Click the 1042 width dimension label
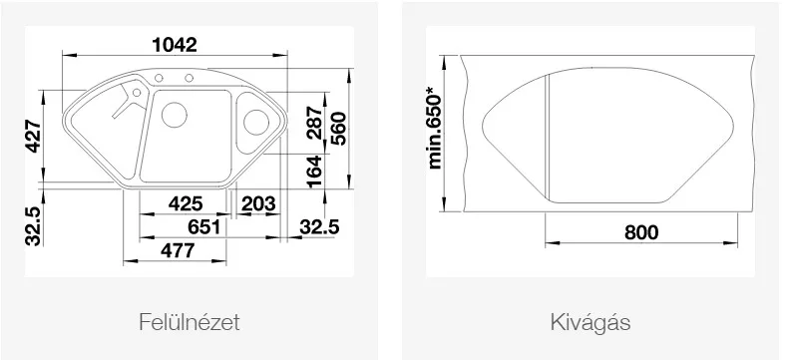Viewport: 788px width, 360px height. coord(175,45)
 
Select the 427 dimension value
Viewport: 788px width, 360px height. coord(34,136)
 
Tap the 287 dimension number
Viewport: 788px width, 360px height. coord(314,122)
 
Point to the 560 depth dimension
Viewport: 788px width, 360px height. coord(338,129)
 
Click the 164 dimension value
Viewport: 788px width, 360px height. coord(314,172)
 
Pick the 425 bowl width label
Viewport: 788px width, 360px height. coord(186,203)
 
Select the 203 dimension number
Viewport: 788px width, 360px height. coord(258,203)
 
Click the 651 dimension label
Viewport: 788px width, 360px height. coord(204,227)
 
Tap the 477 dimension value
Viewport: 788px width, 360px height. coord(177,250)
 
